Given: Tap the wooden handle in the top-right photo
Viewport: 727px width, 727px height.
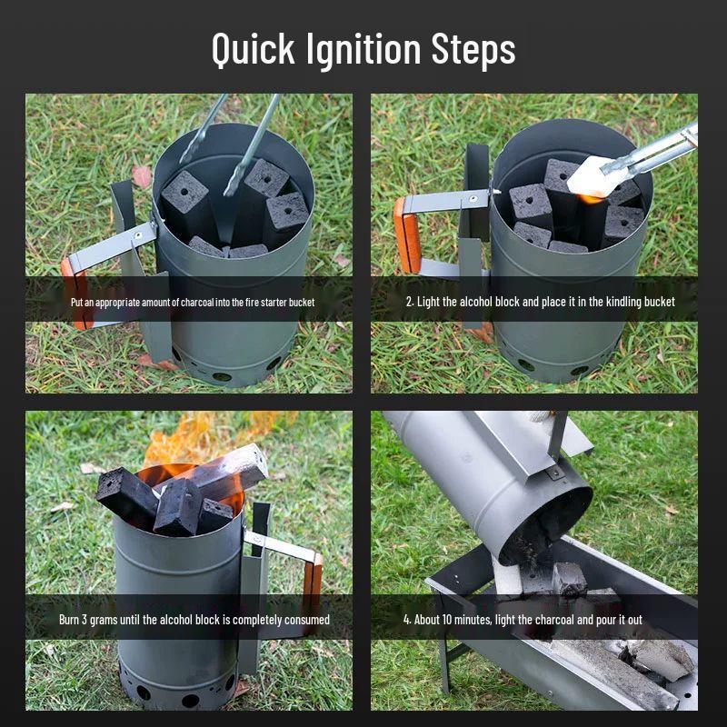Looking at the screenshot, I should (x=407, y=235).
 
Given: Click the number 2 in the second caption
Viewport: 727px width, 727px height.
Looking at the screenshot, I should (x=408, y=302).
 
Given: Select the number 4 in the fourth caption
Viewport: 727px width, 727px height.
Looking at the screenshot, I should (x=406, y=620).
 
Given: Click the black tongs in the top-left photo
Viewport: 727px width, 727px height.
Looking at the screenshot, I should (x=254, y=136).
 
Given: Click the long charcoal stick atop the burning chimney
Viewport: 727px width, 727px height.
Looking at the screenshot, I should (x=227, y=471).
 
